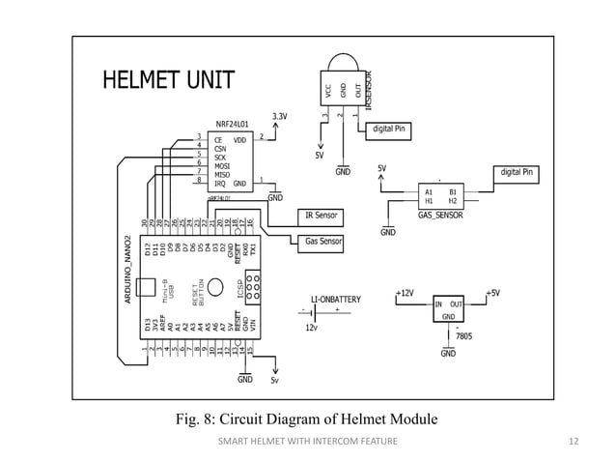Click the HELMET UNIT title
click(169, 78)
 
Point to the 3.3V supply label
click(280, 116)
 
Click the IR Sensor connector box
click(320, 215)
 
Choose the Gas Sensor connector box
click(319, 240)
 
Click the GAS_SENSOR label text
click(439, 215)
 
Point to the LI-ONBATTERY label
click(335, 299)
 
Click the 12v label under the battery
click(311, 328)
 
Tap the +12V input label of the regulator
click(406, 291)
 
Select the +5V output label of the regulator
click(492, 291)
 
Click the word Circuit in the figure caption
click(251, 419)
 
